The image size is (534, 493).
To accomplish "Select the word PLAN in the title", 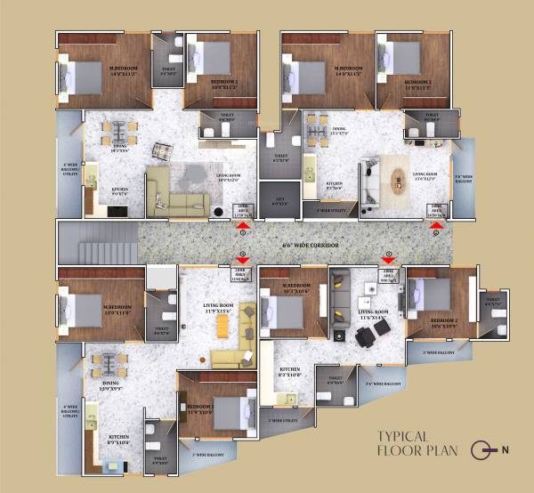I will click(440, 451).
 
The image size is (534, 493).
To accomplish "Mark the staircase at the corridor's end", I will click(98, 243).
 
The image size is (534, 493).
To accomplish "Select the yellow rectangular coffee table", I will click(217, 330).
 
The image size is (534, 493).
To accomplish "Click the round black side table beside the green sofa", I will click(219, 212).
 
